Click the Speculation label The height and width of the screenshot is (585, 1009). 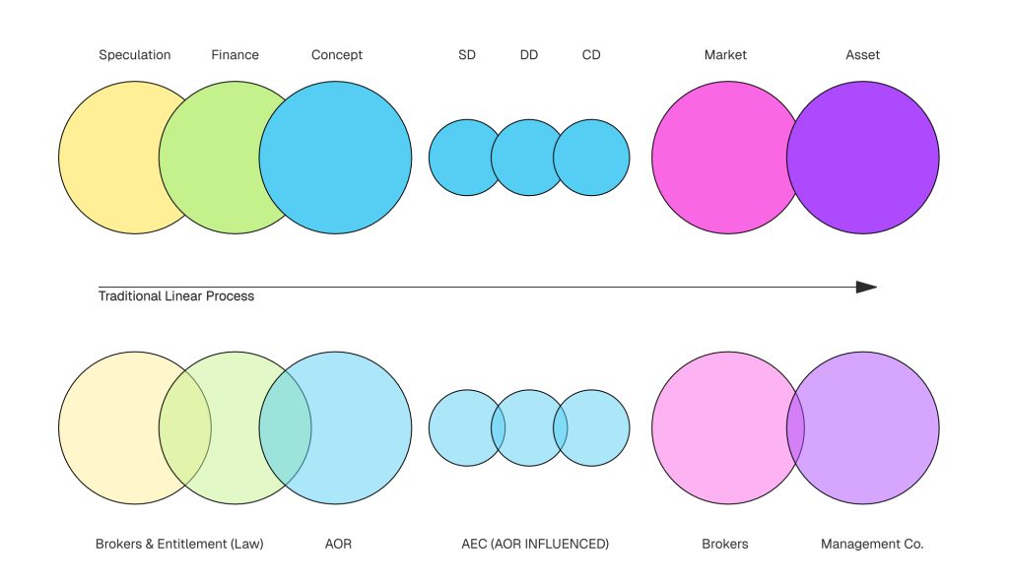pyautogui.click(x=135, y=55)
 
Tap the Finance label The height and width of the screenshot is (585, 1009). pyautogui.click(x=235, y=55)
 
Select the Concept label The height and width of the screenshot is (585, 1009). pyautogui.click(x=337, y=55)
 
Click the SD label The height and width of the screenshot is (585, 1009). pyautogui.click(x=467, y=55)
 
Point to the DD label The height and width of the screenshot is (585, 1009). pyautogui.click(x=529, y=55)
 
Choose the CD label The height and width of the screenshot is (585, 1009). pyautogui.click(x=591, y=55)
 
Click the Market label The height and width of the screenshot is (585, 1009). pyautogui.click(x=726, y=55)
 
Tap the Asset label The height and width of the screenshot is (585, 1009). pyautogui.click(x=862, y=55)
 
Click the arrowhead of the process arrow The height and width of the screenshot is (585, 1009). pyautogui.click(x=865, y=288)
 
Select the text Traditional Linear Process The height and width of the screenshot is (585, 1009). pyautogui.click(x=176, y=296)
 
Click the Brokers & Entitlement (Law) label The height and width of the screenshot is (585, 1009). pyautogui.click(x=179, y=544)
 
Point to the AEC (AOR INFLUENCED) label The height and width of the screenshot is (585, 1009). pyautogui.click(x=535, y=544)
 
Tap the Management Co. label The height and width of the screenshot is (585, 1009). pyautogui.click(x=872, y=544)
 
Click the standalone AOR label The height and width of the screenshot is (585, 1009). pyautogui.click(x=338, y=544)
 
